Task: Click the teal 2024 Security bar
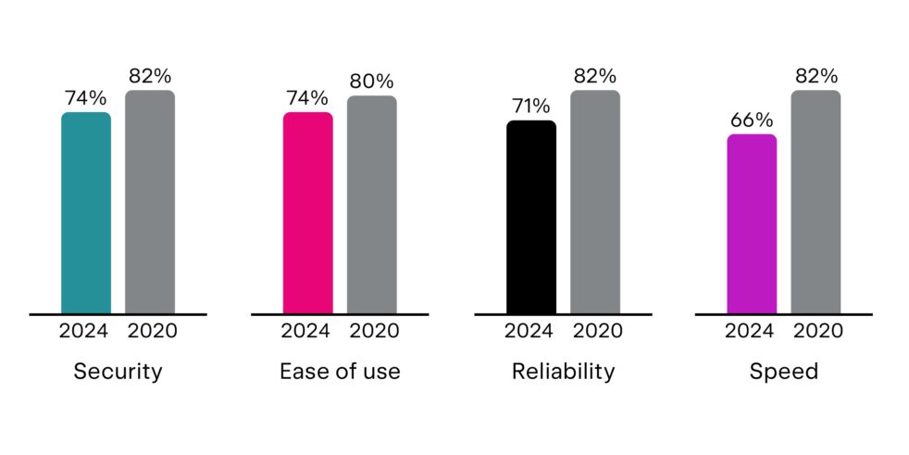click(x=86, y=213)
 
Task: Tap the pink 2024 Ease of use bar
click(x=307, y=213)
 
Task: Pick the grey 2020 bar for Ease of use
click(x=371, y=205)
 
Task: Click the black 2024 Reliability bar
click(x=531, y=217)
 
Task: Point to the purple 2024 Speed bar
click(x=752, y=223)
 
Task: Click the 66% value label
click(x=752, y=120)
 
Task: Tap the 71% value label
click(x=531, y=106)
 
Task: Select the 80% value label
click(x=371, y=82)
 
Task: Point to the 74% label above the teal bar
click(x=86, y=97)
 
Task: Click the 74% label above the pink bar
click(x=307, y=97)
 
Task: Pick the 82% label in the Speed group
click(x=816, y=75)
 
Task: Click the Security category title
click(x=118, y=373)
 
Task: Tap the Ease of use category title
click(x=340, y=373)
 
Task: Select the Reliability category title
click(x=563, y=373)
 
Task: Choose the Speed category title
click(x=784, y=373)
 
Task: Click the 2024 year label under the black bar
click(x=531, y=331)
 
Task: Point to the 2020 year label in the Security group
click(x=150, y=331)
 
